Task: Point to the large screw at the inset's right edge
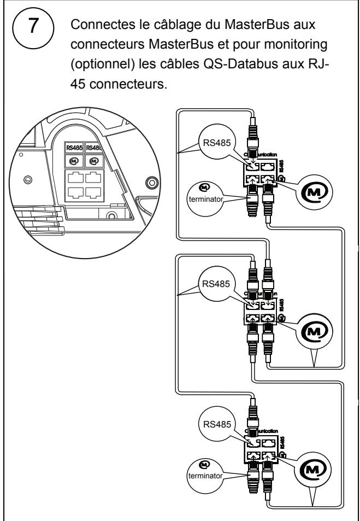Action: click(154, 182)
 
